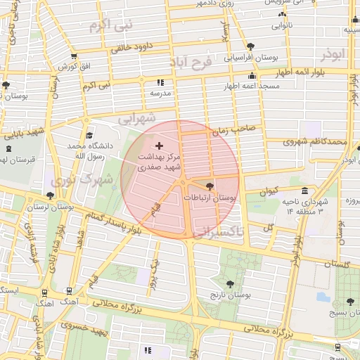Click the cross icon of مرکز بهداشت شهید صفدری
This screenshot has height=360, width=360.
tap(158, 144)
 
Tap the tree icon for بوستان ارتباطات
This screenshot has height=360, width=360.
tap(210, 186)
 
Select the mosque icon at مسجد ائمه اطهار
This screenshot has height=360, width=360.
tap(252, 75)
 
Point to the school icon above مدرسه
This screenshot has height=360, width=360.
tap(160, 82)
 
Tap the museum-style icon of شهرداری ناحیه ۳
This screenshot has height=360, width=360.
tap(304, 191)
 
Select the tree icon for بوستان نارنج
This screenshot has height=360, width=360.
tap(231, 283)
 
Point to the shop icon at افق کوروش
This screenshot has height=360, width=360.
tap(74, 56)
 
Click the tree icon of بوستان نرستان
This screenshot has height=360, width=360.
tap(49, 196)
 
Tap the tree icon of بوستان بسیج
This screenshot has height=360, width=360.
tap(350, 302)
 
